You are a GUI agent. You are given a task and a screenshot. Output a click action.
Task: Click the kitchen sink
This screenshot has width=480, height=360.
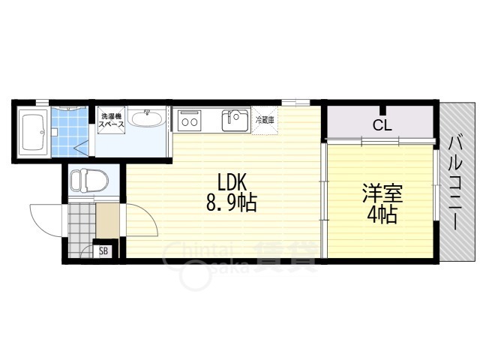click(x=235, y=120)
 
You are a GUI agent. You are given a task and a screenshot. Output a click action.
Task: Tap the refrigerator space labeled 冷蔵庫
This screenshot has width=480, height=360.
click(x=265, y=120)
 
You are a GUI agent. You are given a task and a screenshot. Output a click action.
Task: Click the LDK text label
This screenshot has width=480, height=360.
click(x=232, y=182)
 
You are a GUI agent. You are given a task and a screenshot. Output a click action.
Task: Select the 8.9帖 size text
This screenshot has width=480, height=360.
click(x=232, y=202)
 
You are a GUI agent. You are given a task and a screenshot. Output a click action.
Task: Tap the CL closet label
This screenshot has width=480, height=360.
click(x=382, y=125)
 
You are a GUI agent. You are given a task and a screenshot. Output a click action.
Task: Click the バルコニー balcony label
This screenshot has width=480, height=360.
click(x=455, y=181)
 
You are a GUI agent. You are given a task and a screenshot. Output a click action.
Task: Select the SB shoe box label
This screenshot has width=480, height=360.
click(x=103, y=251)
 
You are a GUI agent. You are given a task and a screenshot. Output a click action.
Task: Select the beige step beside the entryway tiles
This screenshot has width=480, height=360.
click(x=108, y=220)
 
